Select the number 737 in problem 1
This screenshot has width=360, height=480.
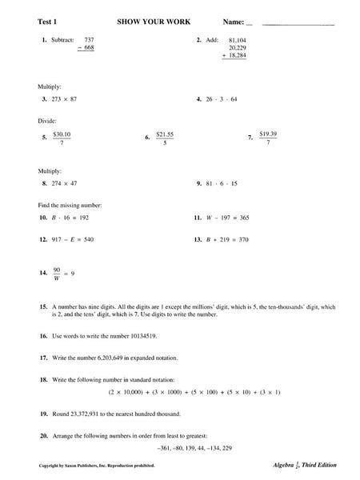coord(90,38)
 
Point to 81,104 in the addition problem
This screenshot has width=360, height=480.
coord(238,39)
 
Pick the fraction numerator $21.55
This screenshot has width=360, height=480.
coord(166,133)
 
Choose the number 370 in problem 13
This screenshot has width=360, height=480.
coord(243,239)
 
